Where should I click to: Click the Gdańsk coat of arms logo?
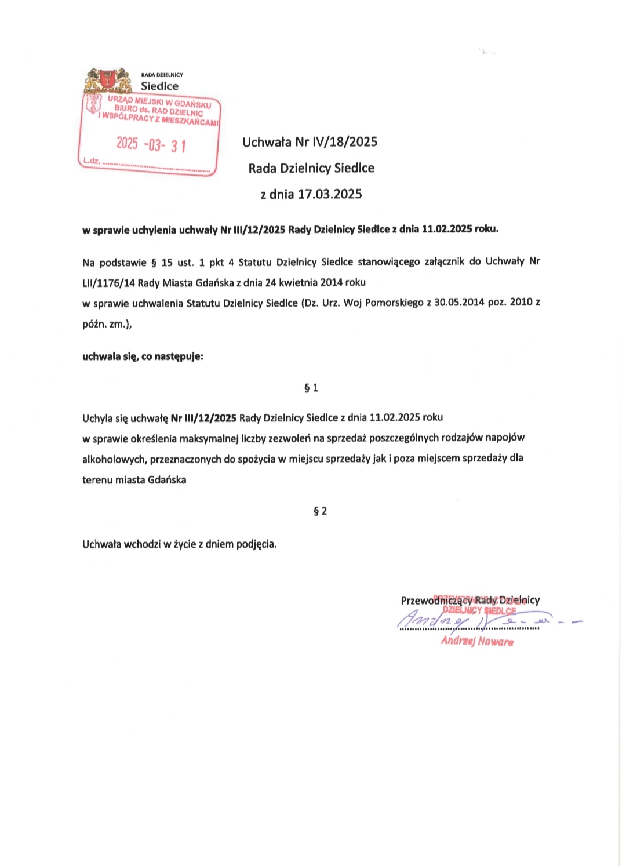[108, 81]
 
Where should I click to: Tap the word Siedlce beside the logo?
[160, 86]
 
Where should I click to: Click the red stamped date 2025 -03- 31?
[151, 144]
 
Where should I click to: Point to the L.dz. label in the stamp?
[92, 161]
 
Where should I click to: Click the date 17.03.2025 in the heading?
[330, 194]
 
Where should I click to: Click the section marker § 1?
[311, 388]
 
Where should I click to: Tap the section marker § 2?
[320, 511]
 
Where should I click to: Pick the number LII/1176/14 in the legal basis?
[108, 283]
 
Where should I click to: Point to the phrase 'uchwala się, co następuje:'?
[143, 356]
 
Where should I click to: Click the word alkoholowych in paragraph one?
[114, 459]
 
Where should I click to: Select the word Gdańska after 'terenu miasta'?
[167, 480]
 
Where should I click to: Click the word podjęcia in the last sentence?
[256, 544]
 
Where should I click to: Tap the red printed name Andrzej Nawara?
[477, 641]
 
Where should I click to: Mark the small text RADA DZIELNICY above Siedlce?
[162, 75]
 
